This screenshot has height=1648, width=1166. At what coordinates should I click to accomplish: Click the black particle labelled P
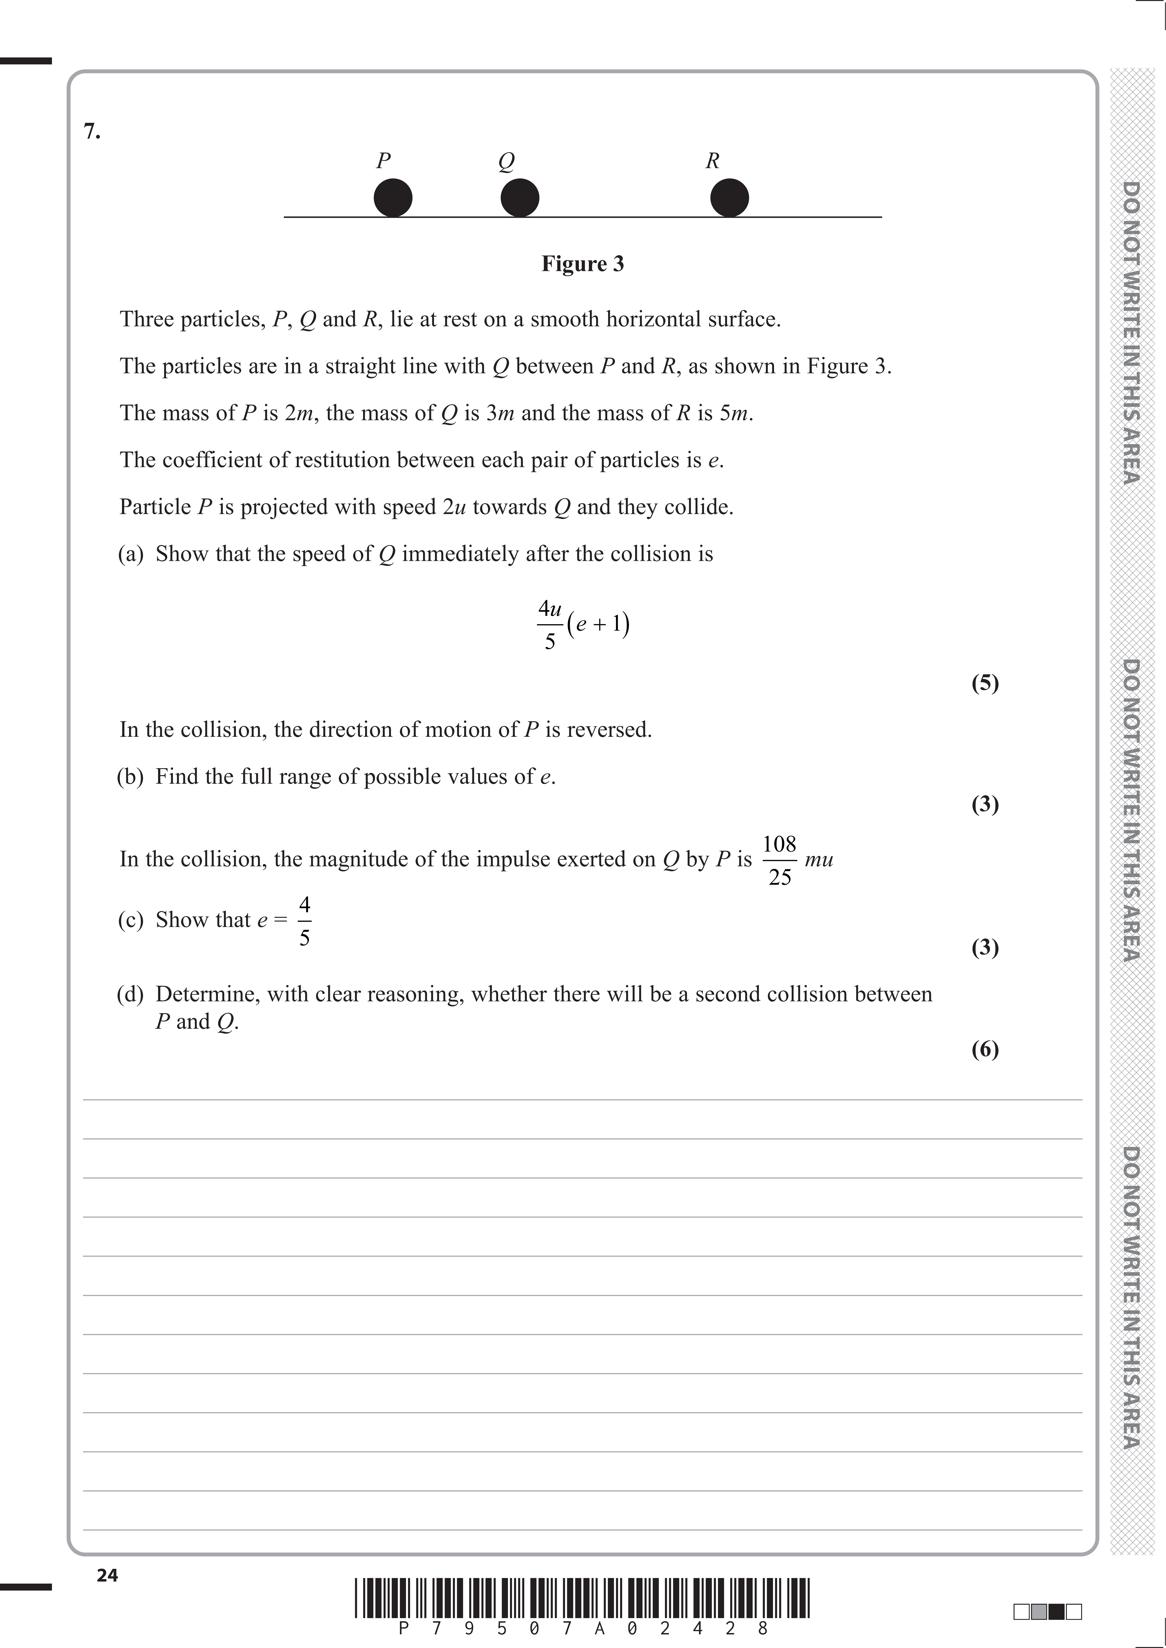393,197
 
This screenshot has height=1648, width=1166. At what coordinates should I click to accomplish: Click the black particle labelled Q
519,197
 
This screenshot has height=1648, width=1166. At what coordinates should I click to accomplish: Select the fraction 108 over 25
779,860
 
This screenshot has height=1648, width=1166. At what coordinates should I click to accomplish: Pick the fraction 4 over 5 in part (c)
304,921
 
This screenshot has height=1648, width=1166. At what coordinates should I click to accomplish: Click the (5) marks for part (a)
984,683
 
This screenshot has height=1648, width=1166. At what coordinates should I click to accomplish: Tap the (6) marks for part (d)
984,1049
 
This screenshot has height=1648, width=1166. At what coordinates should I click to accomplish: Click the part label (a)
131,554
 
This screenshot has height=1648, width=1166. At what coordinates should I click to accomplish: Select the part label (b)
131,777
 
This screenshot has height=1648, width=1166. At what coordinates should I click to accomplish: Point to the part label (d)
131,994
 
